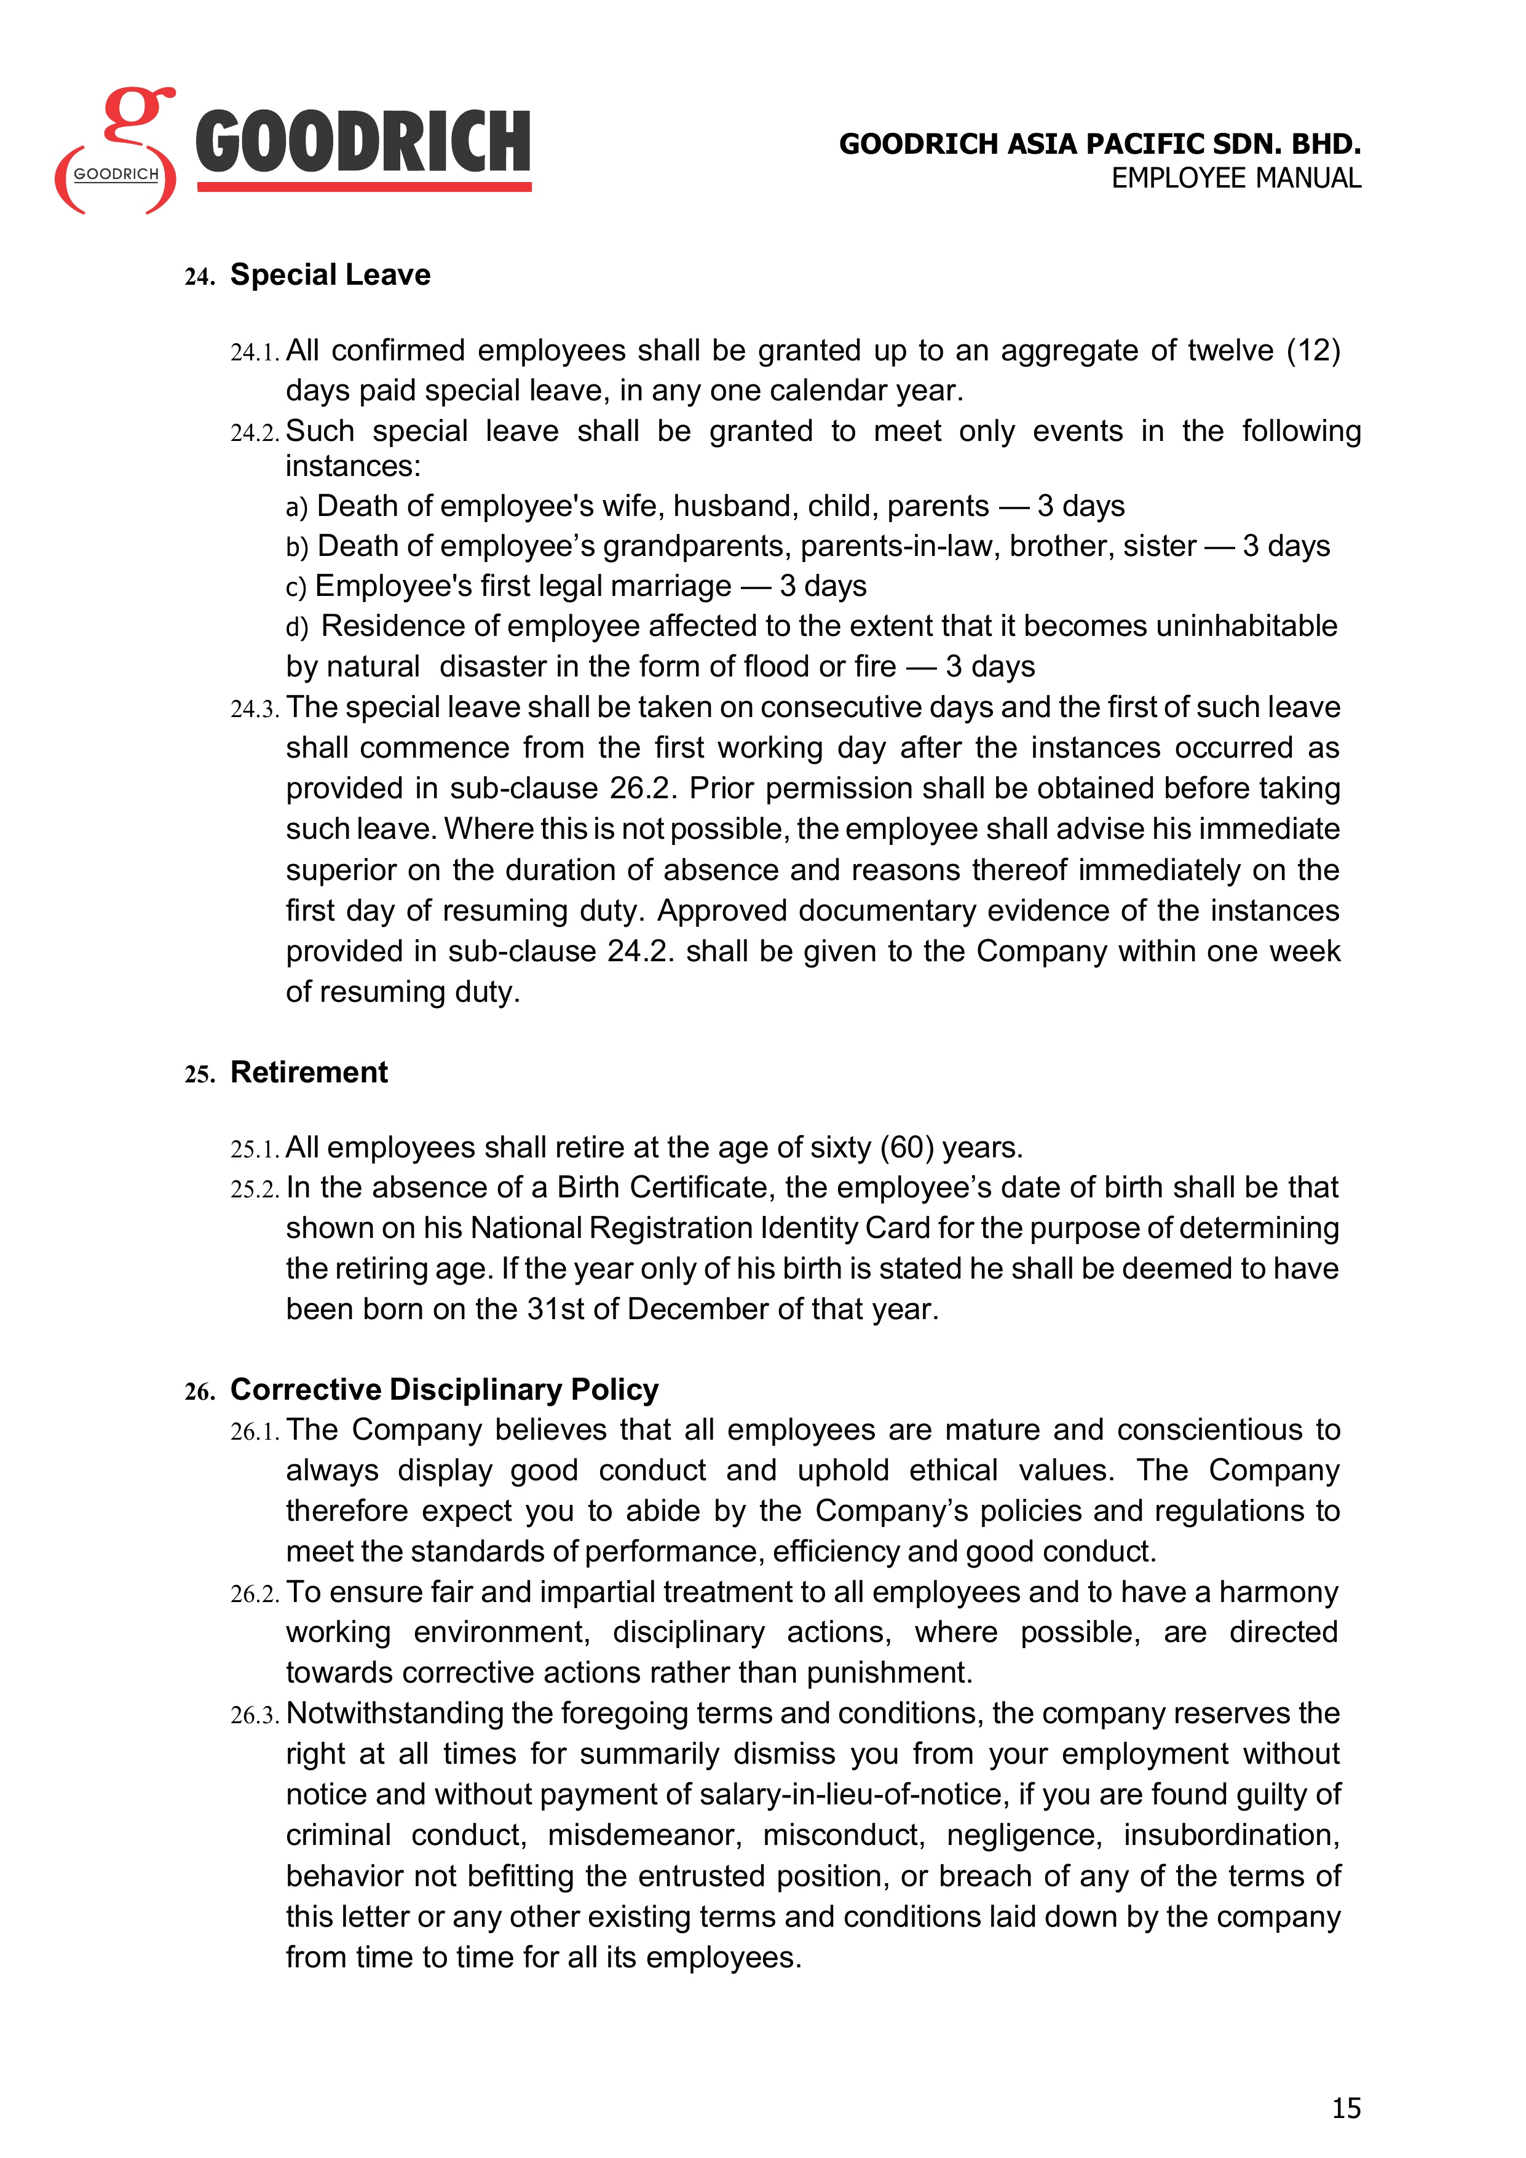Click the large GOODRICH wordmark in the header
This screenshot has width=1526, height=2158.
[x=363, y=143]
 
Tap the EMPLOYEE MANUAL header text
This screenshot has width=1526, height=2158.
[x=1236, y=178]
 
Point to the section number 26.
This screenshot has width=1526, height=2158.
[x=199, y=1392]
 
